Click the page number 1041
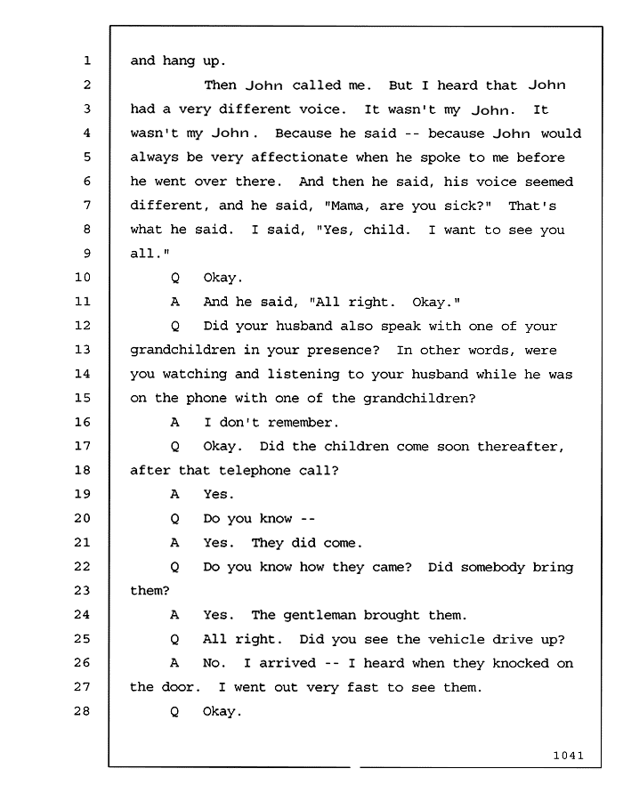tap(568, 755)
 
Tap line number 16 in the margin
tap(83, 422)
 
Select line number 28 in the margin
tap(82, 711)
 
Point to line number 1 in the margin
tap(87, 61)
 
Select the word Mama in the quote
tap(348, 206)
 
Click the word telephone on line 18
tap(255, 471)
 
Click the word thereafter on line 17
tap(521, 447)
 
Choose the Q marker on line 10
tap(175, 279)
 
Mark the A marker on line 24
tap(174, 615)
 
